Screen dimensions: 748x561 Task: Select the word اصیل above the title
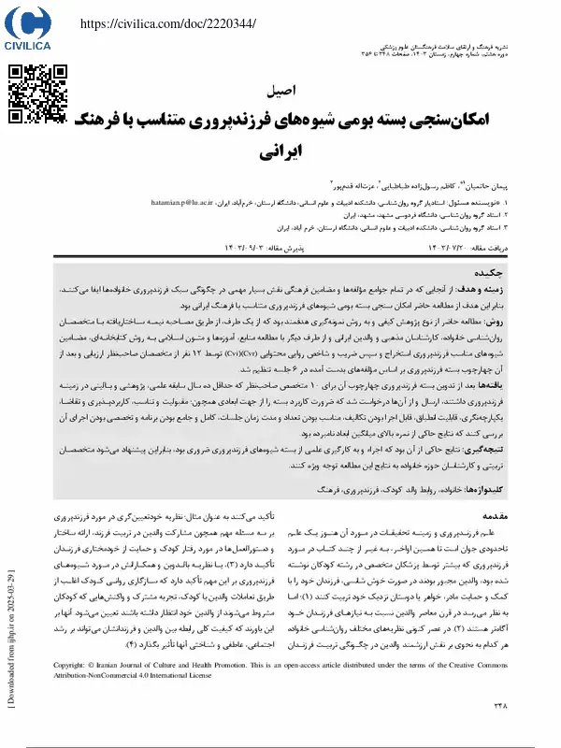(x=281, y=93)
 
